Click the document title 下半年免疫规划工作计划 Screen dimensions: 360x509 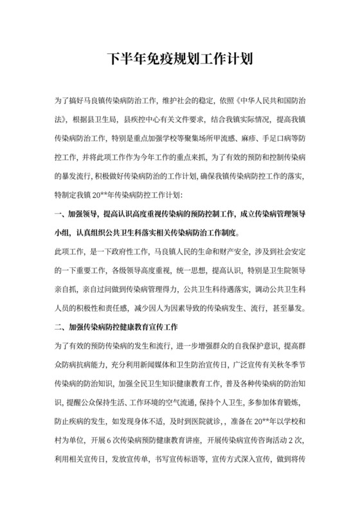179,60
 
